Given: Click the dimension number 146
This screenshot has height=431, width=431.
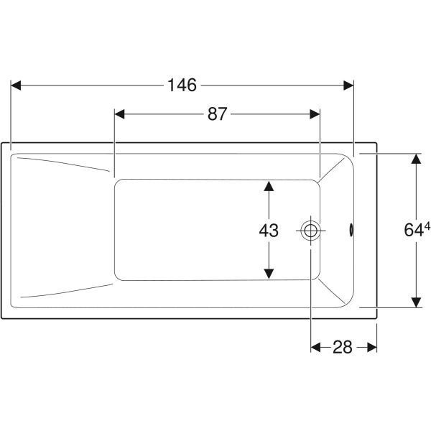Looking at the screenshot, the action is pyautogui.click(x=182, y=85).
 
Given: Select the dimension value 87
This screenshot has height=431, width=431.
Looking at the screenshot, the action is pyautogui.click(x=218, y=113).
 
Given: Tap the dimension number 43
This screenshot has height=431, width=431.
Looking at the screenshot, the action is pyautogui.click(x=269, y=231).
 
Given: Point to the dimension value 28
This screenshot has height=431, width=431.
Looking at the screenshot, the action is pyautogui.click(x=342, y=347).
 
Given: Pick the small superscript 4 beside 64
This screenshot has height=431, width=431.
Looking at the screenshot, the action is pyautogui.click(x=427, y=226).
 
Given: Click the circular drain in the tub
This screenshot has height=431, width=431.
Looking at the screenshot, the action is pyautogui.click(x=310, y=231).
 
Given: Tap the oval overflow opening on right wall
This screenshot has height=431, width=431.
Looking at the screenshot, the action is pyautogui.click(x=351, y=230).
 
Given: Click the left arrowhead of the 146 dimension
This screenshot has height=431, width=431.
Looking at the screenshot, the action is pyautogui.click(x=16, y=85).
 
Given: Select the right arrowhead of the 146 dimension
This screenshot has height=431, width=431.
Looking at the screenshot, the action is pyautogui.click(x=348, y=85).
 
